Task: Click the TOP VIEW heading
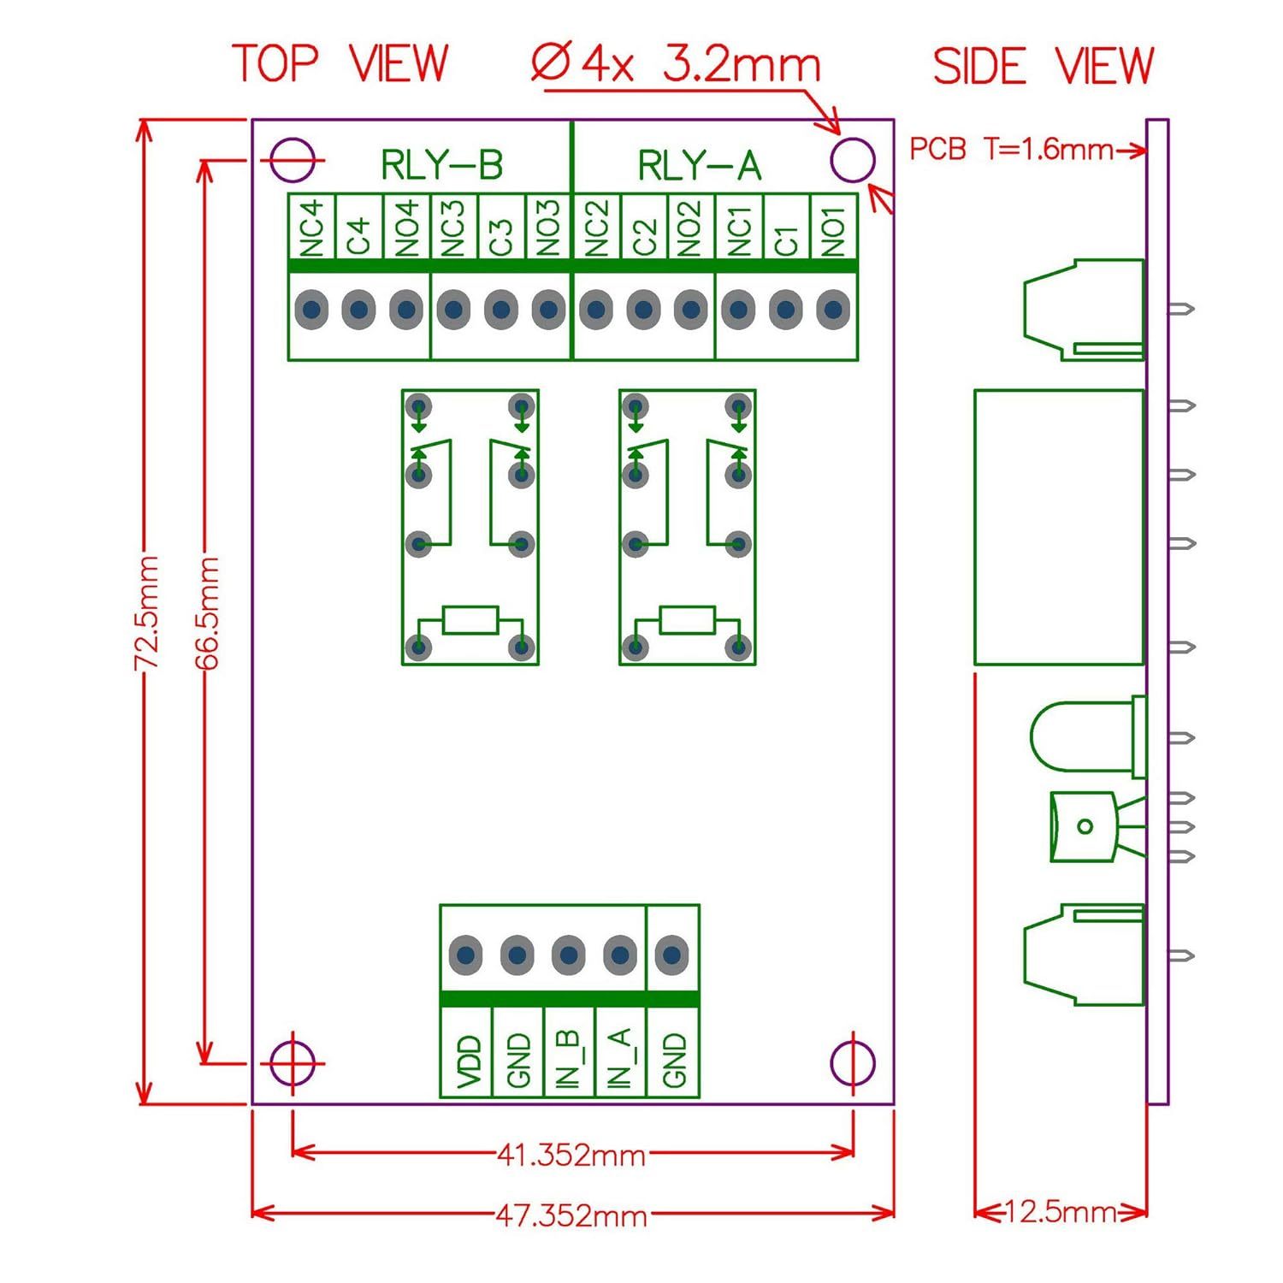340,64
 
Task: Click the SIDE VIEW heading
1043,66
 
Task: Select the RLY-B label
441,165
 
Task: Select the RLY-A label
700,165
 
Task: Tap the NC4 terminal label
312,228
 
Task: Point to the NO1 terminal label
834,228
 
